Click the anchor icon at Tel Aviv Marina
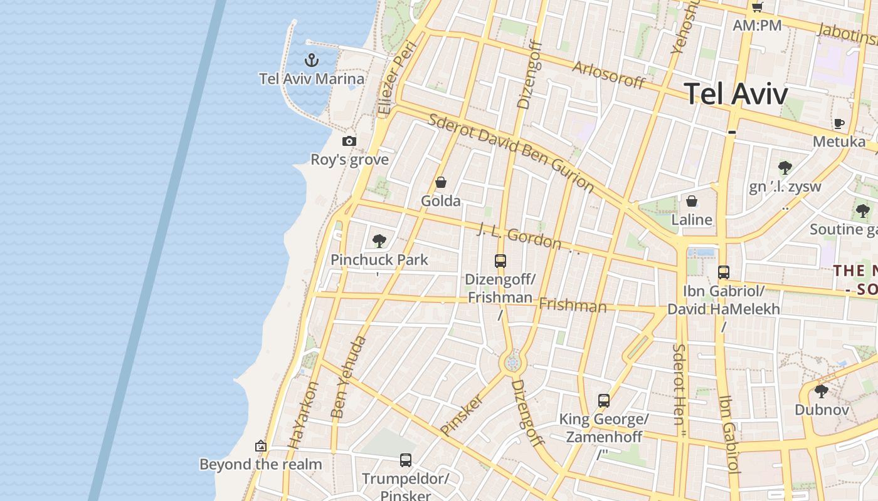(312, 60)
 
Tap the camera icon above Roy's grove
(349, 142)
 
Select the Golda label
(441, 201)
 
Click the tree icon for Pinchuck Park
(379, 241)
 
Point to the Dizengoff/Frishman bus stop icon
(500, 261)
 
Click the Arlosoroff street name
(608, 75)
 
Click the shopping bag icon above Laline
(691, 201)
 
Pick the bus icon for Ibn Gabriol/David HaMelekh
(724, 272)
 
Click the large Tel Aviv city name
(736, 94)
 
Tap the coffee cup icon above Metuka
(839, 123)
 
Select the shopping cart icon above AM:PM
(758, 8)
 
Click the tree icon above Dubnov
(822, 391)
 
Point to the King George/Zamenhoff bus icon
(604, 401)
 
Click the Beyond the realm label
(260, 464)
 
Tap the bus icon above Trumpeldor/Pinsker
(406, 460)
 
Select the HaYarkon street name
(304, 415)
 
